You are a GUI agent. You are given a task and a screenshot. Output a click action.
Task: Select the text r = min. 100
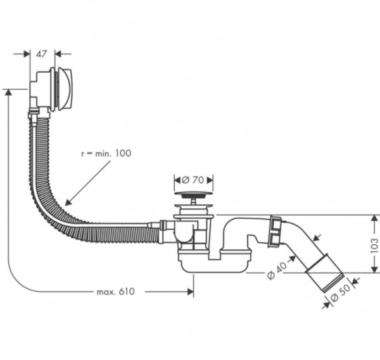coord(106,154)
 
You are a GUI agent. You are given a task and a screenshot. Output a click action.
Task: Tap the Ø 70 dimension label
coord(193,179)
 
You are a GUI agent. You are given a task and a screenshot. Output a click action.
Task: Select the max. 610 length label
coord(117,291)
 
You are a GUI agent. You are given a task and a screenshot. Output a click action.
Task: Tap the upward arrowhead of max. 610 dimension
coord(8,92)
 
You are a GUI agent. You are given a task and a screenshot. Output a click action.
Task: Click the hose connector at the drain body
coord(163,230)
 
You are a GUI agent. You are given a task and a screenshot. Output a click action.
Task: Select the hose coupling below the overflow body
coord(34,115)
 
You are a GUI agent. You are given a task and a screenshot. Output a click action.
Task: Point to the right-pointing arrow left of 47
coord(26,54)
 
